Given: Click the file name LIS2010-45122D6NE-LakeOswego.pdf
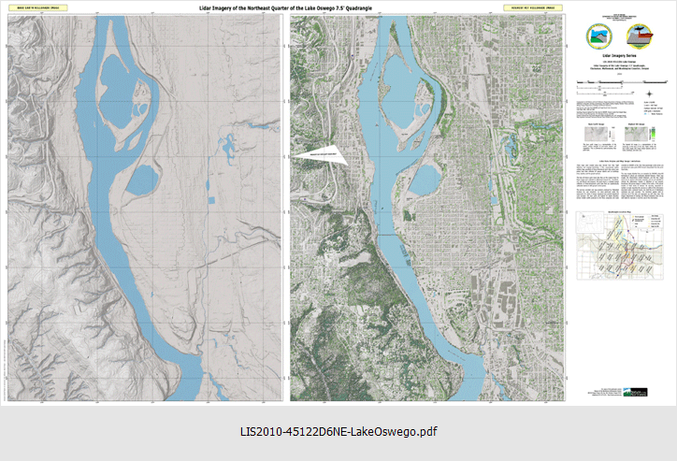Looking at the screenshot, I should click(338, 431).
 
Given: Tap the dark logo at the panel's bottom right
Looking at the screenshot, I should click(652, 393).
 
